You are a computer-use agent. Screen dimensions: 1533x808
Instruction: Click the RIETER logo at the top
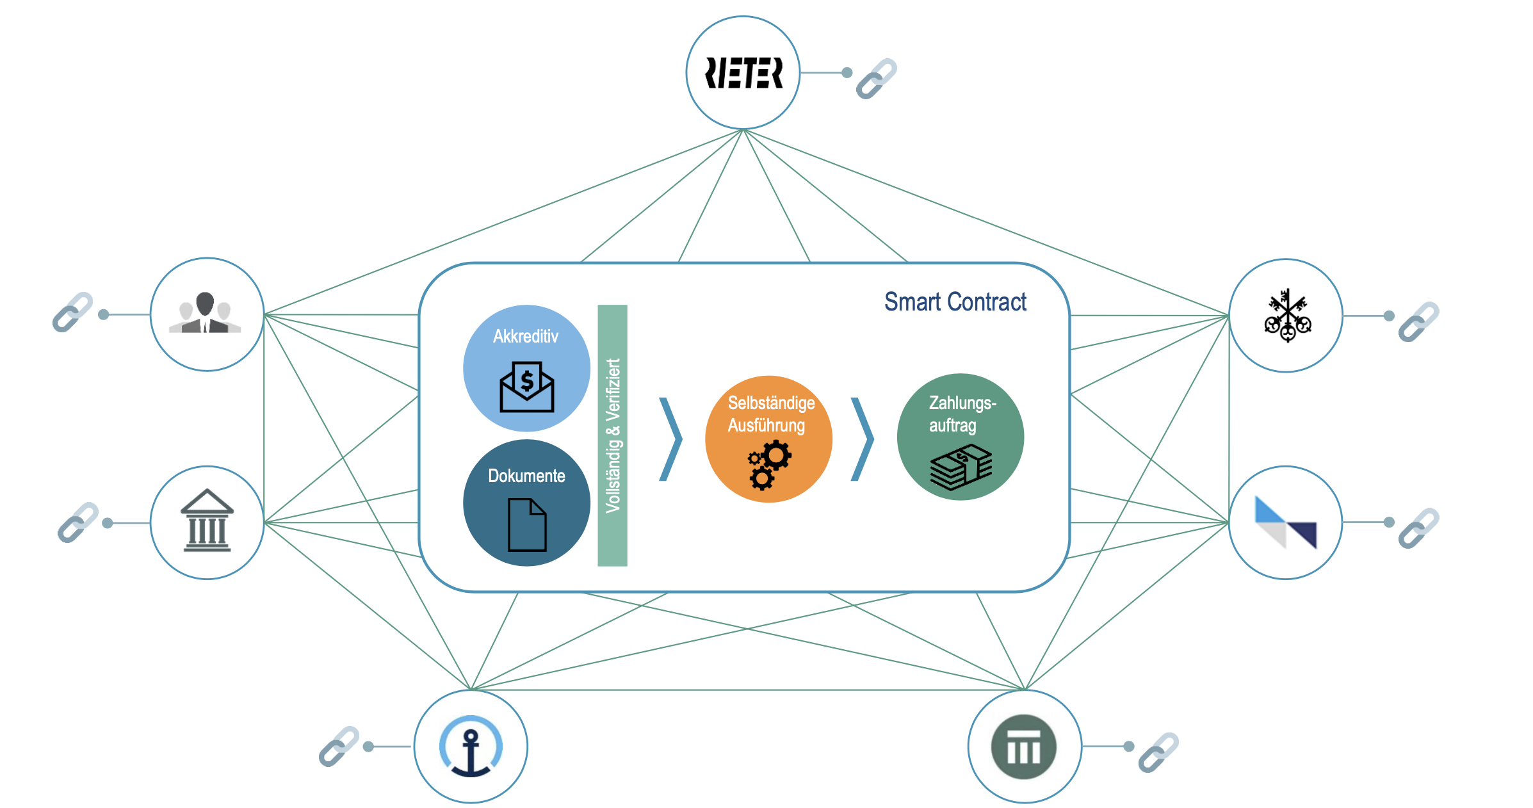coord(743,73)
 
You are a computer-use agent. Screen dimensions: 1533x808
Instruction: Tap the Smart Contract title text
coord(955,302)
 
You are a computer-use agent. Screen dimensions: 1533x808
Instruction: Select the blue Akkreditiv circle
coord(526,368)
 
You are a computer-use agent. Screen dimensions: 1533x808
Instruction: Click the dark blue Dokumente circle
coord(526,503)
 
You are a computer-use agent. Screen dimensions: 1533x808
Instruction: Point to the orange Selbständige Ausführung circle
coord(768,439)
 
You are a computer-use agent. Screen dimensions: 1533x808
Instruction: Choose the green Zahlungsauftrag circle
coord(961,437)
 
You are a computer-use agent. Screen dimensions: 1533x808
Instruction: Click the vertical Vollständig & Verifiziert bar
coord(612,435)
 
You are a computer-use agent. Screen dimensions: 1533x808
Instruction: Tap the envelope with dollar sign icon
coord(527,387)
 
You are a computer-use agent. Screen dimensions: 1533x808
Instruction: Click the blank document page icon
coord(527,525)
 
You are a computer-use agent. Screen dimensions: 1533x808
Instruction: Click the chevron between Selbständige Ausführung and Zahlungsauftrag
coord(863,439)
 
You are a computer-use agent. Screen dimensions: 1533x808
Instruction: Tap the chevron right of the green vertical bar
coord(671,439)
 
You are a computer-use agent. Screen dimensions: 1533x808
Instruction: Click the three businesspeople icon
coord(205,312)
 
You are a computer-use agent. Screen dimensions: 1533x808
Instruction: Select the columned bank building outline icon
coord(207,521)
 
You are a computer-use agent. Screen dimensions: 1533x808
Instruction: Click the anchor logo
coord(471,746)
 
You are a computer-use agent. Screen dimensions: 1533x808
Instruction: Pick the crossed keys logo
coord(1287,316)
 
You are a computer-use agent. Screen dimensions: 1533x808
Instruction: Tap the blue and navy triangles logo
coord(1286,522)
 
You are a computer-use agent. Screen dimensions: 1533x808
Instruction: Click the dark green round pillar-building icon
coord(1024,747)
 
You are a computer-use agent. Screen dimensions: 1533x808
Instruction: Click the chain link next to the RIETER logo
coord(877,79)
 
